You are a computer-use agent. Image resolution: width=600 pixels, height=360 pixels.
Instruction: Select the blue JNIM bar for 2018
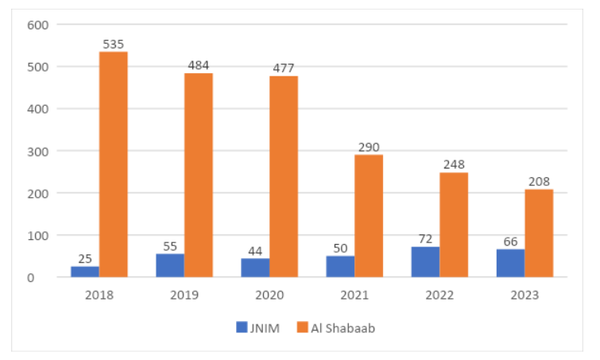pos(85,272)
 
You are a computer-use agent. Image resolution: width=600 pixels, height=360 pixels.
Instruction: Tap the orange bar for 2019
pos(199,175)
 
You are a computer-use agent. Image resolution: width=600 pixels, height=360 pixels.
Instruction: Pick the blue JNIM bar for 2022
pos(425,262)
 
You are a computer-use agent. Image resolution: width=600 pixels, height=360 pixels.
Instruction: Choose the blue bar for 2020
pos(255,268)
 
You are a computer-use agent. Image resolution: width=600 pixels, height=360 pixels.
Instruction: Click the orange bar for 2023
pos(539,234)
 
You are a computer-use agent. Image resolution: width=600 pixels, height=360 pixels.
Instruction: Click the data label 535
pos(113,45)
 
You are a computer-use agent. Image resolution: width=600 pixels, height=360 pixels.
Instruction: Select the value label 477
pos(284,68)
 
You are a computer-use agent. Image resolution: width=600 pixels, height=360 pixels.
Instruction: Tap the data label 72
pos(425,239)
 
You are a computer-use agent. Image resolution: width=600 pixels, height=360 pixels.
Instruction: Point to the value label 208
pos(539,182)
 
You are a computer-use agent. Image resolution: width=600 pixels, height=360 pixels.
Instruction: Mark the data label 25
pos(85,259)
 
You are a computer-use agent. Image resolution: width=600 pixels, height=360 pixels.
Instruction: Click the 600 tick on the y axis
pos(39,25)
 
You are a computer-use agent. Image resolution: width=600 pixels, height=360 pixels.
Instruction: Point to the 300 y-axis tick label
pos(39,151)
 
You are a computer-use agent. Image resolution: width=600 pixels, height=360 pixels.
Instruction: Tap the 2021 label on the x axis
pos(354,295)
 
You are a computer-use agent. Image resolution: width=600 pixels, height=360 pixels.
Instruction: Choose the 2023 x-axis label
pos(525,295)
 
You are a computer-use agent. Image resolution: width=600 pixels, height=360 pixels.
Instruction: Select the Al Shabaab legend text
pos(343,327)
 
